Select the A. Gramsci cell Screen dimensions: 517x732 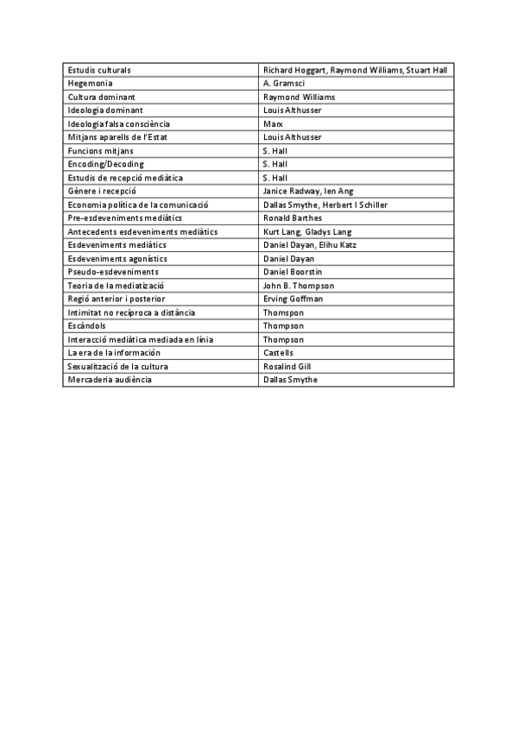pos(283,83)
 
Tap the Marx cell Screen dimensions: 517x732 pos(273,123)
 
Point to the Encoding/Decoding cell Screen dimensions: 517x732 pos(106,164)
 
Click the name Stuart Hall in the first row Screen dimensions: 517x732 pos(427,70)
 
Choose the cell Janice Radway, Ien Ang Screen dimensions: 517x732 pos(308,191)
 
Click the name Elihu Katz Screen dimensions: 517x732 pos(340,245)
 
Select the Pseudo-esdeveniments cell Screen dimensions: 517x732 pos(113,272)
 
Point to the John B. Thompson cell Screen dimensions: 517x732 pos(299,286)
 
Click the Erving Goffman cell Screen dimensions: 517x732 pos(293,299)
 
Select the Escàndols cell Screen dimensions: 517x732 pos(86,325)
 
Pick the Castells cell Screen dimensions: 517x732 pos(279,353)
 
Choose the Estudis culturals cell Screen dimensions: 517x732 pos(99,70)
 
